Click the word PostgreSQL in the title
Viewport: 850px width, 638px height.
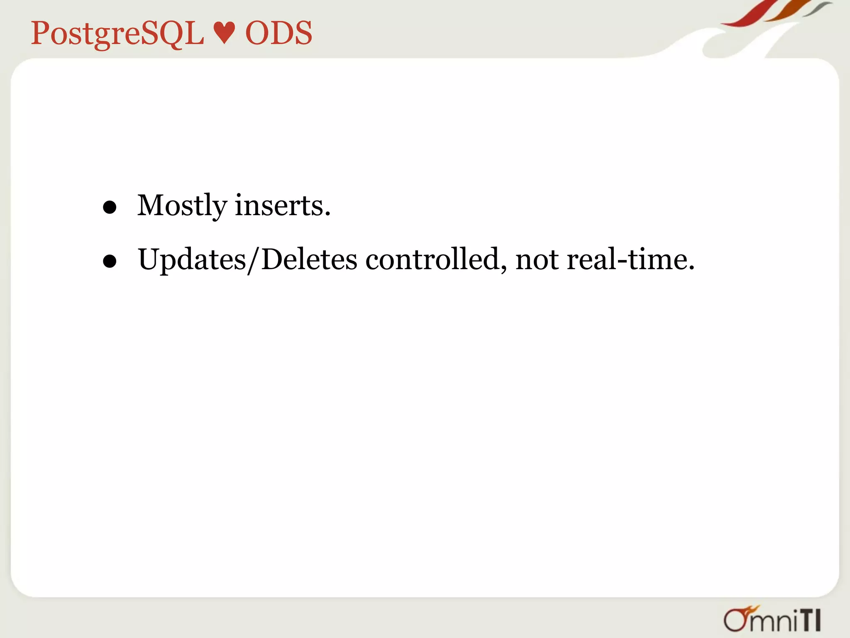click(x=117, y=34)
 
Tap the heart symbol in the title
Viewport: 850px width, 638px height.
click(x=224, y=33)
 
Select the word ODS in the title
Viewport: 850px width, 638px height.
click(x=278, y=33)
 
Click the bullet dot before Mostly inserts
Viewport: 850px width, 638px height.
click(x=110, y=207)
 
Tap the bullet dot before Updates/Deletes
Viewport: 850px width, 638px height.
click(x=110, y=261)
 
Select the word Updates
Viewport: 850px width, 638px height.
click(x=192, y=260)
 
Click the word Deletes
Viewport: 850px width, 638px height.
click(x=309, y=260)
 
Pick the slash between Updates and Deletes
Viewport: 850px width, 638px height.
click(x=253, y=260)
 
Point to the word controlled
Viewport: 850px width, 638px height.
click(x=436, y=260)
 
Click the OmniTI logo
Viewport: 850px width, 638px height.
click(x=772, y=619)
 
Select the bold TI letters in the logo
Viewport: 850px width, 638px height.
click(x=810, y=620)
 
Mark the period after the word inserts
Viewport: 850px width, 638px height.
click(x=327, y=215)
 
